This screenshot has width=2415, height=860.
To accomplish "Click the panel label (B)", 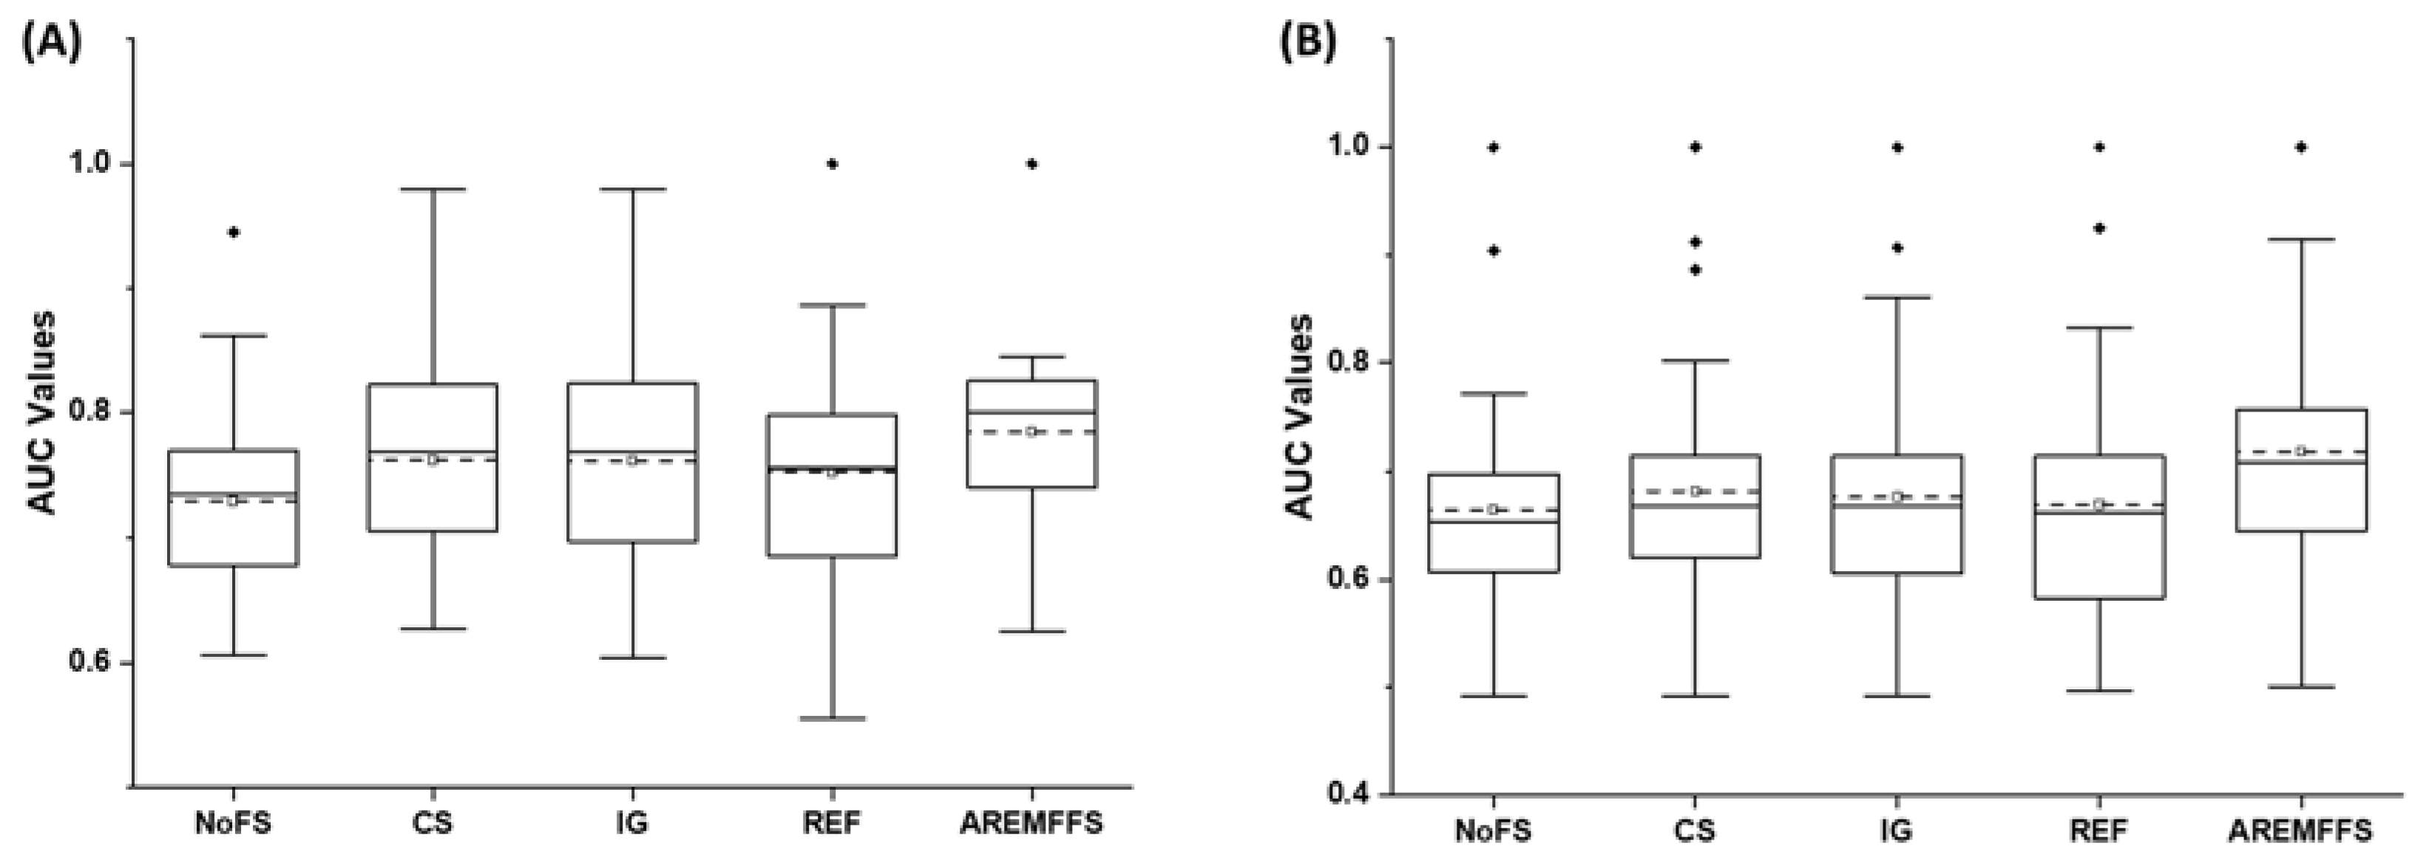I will [x=1309, y=43].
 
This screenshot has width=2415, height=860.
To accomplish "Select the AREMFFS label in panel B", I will [x=2300, y=830].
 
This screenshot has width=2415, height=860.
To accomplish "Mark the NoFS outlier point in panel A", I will [x=234, y=232].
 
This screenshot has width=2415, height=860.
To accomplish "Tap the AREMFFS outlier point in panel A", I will [x=1032, y=164].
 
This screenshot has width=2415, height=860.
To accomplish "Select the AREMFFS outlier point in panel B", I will [x=2300, y=147].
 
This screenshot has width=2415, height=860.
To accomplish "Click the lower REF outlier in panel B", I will [x=2099, y=228].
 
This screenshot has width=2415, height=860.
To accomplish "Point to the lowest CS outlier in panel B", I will [x=1695, y=270].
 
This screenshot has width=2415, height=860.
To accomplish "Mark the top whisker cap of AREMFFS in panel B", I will [x=2300, y=240].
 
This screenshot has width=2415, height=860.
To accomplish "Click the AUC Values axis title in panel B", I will [x=1298, y=417].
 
